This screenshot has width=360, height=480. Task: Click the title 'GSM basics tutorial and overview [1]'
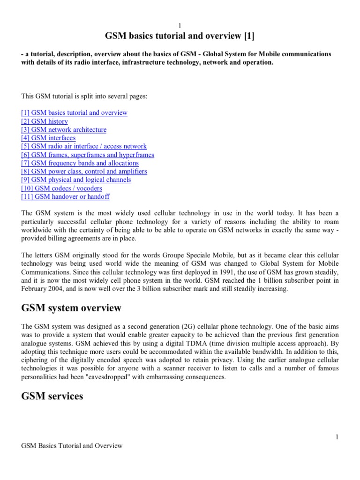click(180, 37)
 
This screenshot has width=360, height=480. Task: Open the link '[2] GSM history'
click(45, 121)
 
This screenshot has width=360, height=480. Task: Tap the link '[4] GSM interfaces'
click(48, 138)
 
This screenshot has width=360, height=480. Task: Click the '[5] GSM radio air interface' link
click(84, 147)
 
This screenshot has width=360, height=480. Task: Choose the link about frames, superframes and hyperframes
click(88, 155)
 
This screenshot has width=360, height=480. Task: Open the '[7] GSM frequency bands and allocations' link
click(80, 163)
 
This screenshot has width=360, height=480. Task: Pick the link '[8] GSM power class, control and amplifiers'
click(84, 172)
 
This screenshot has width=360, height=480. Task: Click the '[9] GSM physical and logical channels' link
click(76, 180)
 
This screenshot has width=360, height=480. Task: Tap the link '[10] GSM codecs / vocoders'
click(61, 188)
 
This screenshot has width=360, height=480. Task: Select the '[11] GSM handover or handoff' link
click(66, 197)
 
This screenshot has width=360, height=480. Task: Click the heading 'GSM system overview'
click(71, 308)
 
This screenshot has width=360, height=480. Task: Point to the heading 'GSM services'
click(52, 397)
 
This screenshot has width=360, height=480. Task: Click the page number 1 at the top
click(180, 25)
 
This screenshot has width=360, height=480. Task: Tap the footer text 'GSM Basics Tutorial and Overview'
click(72, 446)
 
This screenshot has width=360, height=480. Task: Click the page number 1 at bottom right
click(337, 437)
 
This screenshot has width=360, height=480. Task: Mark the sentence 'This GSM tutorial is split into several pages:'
click(84, 96)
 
